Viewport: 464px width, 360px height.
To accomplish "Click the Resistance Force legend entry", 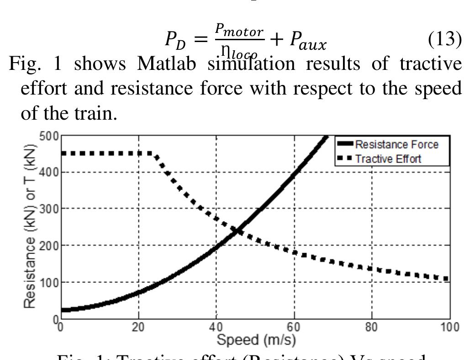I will [396, 144].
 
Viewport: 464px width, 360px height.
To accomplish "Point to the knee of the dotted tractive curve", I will [154, 154].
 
